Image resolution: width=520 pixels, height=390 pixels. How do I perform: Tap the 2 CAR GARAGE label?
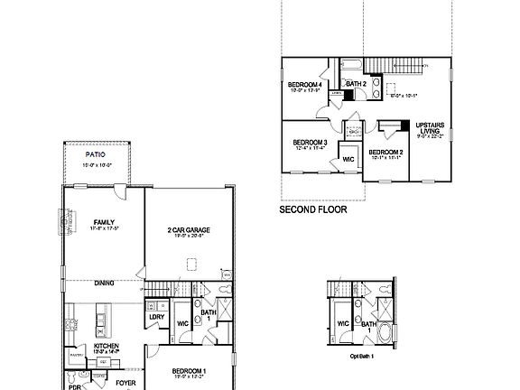coord(189,230)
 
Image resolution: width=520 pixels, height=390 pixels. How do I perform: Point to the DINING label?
coord(105,283)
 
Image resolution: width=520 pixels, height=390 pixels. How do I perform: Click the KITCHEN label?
coord(107,345)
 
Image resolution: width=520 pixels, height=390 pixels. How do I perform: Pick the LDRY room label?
coord(155,316)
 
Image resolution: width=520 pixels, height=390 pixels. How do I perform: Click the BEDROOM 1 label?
coord(190,370)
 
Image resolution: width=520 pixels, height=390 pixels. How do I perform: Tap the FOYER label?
coord(125,383)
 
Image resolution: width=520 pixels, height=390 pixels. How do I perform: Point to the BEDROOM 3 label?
coord(310,143)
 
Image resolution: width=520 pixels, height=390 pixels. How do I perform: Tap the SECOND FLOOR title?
coord(310,209)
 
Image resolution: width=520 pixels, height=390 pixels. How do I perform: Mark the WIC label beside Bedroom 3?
coord(348,159)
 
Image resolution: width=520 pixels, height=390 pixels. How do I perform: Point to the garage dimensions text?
coord(189,237)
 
